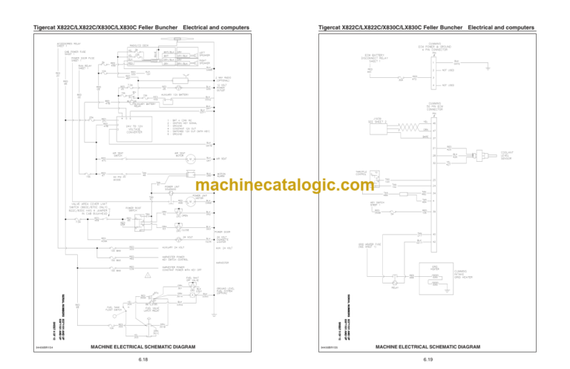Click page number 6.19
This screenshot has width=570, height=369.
tap(427, 359)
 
